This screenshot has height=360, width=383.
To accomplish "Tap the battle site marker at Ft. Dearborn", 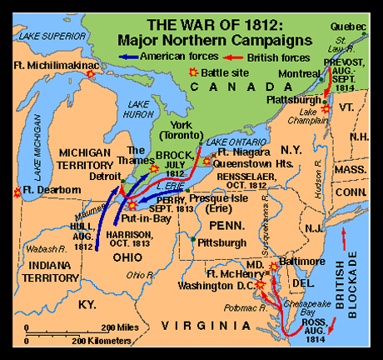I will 17,192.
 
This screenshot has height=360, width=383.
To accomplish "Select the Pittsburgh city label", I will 220,242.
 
